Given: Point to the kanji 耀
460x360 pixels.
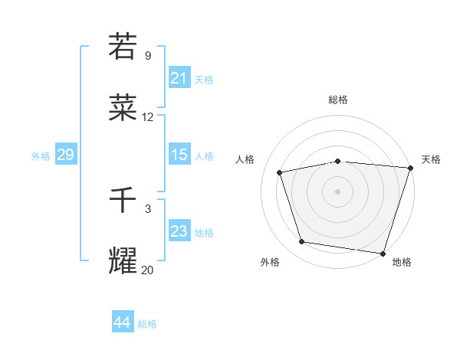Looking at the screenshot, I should (123, 261).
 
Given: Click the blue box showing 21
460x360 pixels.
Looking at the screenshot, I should (179, 78).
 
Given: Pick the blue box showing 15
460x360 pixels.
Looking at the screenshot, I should (179, 155).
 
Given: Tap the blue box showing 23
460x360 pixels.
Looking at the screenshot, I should (179, 231).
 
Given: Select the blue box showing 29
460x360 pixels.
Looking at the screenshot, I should (65, 155).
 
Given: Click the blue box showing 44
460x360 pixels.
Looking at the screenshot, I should (122, 323).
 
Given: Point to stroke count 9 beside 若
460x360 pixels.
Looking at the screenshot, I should (148, 56).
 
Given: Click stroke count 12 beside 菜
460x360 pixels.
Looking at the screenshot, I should (148, 117).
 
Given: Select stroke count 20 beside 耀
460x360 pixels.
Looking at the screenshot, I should (148, 270).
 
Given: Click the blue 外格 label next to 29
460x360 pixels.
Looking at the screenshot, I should (41, 155).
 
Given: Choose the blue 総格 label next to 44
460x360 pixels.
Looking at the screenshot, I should (147, 324).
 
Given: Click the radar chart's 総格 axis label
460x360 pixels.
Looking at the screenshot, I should (337, 100).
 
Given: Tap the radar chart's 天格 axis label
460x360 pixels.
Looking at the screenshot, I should (431, 159).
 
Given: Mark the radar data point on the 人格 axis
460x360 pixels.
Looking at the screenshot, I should (281, 172).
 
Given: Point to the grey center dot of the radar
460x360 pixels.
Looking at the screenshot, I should (337, 191).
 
